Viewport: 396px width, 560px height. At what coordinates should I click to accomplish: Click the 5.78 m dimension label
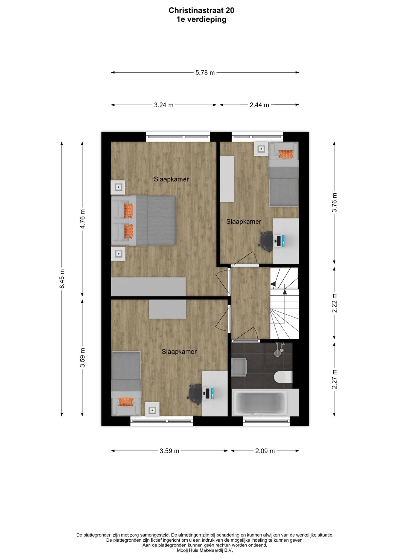tap(205, 72)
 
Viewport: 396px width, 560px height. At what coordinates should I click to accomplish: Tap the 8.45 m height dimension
tap(62, 279)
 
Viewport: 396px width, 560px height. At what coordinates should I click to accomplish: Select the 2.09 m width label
tap(265, 451)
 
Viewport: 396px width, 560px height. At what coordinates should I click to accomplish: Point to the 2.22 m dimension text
tap(334, 303)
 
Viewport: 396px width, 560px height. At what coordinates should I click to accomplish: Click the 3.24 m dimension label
tap(164, 105)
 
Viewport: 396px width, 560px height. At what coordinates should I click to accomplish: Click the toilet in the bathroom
tap(283, 377)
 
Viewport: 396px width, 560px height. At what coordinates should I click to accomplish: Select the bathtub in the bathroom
tap(260, 403)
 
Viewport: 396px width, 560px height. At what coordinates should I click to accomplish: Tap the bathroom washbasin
tap(239, 367)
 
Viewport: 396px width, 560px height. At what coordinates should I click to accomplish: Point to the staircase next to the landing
tap(284, 303)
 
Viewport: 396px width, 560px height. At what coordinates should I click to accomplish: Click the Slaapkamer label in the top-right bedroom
tap(244, 222)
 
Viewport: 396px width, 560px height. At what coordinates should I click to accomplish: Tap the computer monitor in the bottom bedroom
tap(208, 393)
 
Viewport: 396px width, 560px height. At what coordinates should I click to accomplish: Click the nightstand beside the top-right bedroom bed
tap(262, 149)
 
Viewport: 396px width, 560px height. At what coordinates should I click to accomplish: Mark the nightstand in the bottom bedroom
tap(152, 409)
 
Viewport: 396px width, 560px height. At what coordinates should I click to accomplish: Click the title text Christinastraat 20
tap(201, 10)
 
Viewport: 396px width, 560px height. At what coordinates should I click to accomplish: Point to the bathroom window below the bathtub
tap(266, 421)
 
